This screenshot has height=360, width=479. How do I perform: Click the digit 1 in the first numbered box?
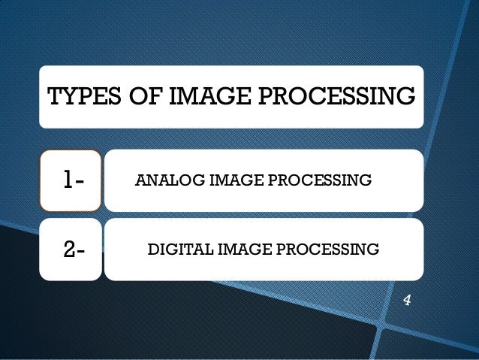pos(68,180)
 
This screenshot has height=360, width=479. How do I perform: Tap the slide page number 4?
pos(407,301)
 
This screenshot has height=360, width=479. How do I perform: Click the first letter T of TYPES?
pos(53,97)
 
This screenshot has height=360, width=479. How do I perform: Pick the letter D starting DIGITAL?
pos(152,248)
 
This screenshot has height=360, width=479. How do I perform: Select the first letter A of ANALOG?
pos(138,180)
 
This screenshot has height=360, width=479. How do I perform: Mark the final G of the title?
pos(406,97)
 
